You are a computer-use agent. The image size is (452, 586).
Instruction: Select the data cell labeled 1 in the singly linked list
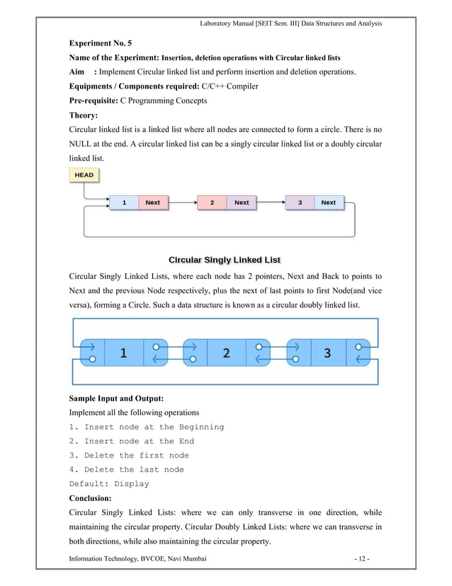click(124, 203)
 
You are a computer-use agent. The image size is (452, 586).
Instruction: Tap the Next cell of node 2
click(242, 203)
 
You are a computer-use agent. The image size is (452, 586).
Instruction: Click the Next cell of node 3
click(329, 203)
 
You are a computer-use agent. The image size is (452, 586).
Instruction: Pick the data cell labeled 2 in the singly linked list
click(212, 203)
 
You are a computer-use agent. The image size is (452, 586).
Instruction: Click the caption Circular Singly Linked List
click(225, 259)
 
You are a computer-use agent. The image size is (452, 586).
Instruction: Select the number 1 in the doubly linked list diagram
click(123, 353)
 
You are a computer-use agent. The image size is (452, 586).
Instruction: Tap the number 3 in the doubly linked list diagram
click(327, 353)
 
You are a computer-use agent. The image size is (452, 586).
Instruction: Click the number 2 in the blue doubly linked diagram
click(226, 353)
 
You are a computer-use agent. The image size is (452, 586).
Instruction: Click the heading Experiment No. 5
click(100, 43)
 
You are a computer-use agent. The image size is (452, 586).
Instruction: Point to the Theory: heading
click(84, 115)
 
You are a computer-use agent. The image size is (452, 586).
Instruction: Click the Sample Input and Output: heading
click(116, 398)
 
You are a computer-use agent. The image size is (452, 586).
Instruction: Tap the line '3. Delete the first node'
click(129, 455)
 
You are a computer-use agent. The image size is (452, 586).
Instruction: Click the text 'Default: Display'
click(109, 484)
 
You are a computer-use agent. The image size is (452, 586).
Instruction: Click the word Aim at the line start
click(77, 72)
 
